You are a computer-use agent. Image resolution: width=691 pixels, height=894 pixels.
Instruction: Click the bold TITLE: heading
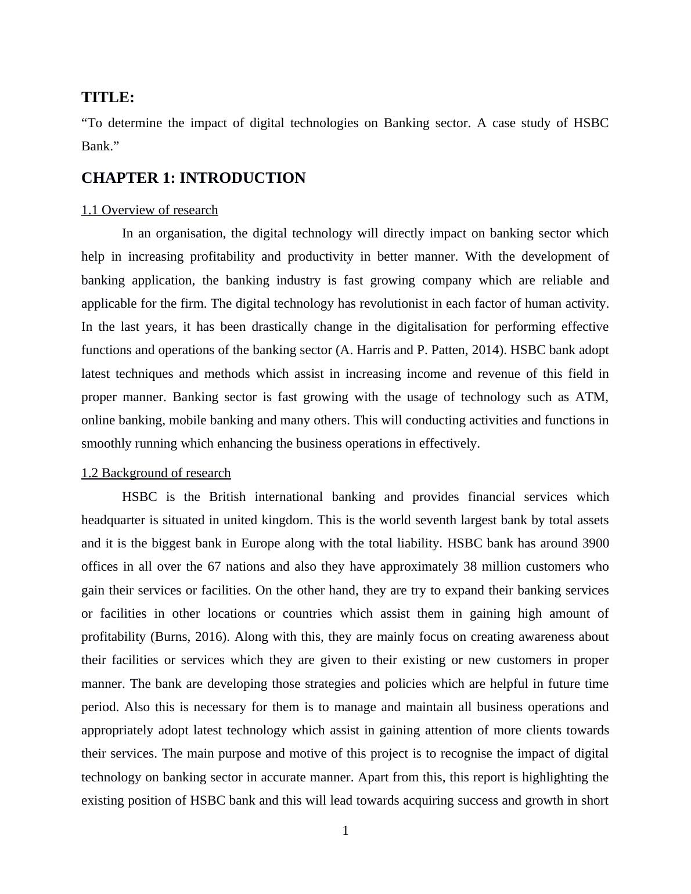108,98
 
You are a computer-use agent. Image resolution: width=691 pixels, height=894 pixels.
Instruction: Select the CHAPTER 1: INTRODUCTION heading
193,178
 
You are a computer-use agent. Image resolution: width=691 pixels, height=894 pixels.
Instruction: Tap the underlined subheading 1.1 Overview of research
150,210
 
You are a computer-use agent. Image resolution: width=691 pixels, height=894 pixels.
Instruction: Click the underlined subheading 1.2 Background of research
156,473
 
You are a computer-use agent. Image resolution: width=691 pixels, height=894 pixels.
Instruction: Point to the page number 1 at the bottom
345,831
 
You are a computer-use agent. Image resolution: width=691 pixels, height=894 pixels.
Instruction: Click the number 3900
595,543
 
